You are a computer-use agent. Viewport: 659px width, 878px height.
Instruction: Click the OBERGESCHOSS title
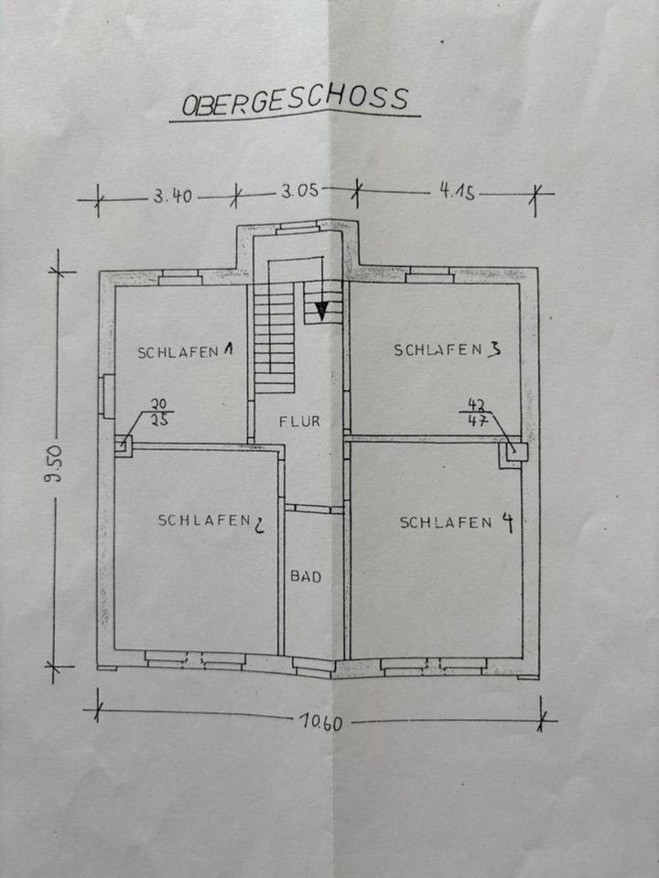(x=295, y=100)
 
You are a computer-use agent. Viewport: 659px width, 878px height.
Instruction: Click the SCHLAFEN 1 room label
(x=186, y=351)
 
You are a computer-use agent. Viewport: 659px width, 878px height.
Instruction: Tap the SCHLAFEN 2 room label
(x=211, y=521)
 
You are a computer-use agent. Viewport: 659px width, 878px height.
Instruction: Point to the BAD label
(x=305, y=576)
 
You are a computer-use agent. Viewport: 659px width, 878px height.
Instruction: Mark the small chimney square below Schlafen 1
(x=123, y=447)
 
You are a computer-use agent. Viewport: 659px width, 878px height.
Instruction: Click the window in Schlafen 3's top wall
(x=430, y=273)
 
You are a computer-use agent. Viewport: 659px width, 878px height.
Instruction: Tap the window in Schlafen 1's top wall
(x=180, y=275)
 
